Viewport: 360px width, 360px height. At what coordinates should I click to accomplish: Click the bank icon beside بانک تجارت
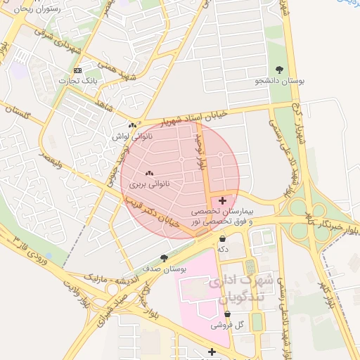point(77,70)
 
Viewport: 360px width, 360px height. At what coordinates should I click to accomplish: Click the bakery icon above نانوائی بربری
point(148,173)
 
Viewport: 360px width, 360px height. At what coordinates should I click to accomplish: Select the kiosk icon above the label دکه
point(223,239)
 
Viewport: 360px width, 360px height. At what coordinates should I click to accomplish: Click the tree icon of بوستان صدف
point(164,258)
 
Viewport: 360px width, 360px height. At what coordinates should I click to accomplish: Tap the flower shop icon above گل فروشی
point(226,314)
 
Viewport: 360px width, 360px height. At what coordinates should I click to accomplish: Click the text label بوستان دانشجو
point(281,81)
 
